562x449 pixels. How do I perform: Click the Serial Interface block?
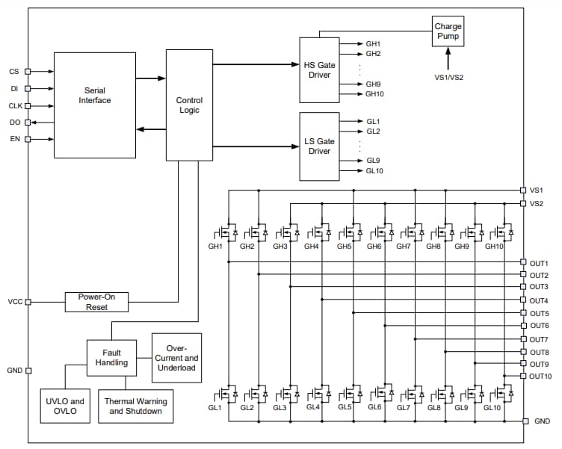95,105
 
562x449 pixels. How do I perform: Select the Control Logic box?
189,105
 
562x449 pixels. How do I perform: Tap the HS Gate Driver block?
319,69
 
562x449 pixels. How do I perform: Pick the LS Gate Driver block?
319,146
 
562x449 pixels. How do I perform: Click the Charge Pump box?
448,31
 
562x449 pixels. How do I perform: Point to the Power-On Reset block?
96,302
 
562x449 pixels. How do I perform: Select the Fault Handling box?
111,357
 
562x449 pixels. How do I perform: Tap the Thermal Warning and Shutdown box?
135,406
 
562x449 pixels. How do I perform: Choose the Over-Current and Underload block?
176,357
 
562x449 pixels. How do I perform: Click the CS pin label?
14,72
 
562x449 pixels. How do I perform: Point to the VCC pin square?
28,302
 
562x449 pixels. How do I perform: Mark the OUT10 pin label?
540,376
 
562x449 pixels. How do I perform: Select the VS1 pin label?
537,191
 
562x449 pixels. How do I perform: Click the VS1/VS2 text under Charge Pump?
448,76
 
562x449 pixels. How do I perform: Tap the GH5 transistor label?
344,247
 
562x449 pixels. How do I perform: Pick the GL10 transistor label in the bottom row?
492,408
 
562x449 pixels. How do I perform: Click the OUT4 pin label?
539,300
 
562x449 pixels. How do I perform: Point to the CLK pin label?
16,106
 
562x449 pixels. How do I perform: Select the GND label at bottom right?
542,421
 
